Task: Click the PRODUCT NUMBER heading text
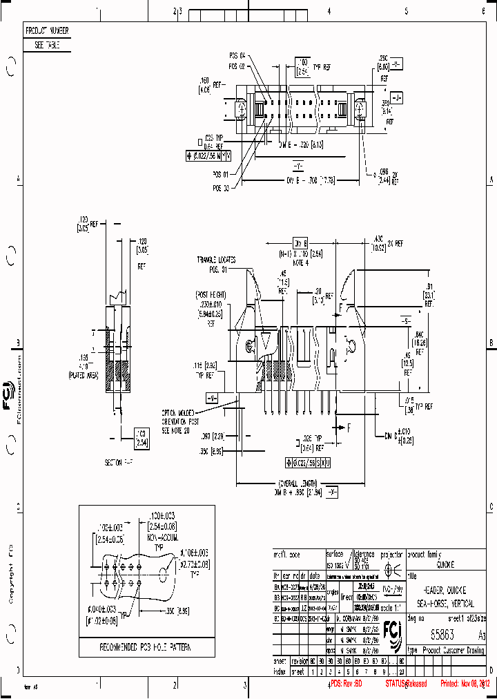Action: coord(46,31)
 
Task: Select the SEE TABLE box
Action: coord(46,45)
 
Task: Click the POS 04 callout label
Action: coord(237,55)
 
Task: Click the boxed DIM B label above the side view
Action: coord(300,244)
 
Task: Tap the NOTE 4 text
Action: coord(298,262)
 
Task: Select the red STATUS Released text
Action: coord(407,683)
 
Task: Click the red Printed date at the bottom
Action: coord(465,683)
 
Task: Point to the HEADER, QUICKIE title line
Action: coord(447,591)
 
